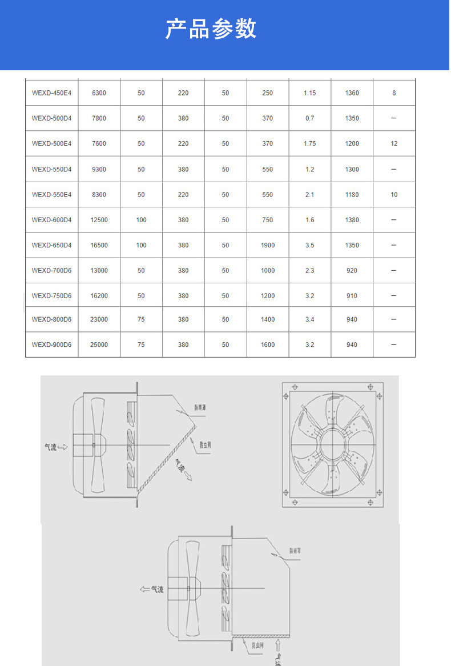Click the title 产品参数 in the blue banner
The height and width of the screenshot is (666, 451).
[211, 29]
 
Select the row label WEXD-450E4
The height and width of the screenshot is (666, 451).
[51, 93]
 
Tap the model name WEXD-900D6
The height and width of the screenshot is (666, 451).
[51, 345]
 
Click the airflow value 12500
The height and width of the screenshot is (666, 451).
[99, 220]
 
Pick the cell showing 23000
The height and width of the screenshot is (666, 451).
[99, 320]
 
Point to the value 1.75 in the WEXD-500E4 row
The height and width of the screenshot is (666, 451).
[309, 144]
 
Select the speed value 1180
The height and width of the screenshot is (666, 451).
[352, 195]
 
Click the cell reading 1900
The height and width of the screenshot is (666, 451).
[267, 246]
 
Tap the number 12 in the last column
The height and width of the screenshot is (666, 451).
[394, 144]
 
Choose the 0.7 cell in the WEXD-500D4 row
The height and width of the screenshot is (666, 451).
[309, 118]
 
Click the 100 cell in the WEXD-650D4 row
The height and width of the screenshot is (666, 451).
[141, 246]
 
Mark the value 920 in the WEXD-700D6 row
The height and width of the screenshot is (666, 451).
[352, 271]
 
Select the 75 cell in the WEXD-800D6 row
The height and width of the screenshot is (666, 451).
[141, 320]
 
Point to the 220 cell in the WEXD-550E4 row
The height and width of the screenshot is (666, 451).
[183, 195]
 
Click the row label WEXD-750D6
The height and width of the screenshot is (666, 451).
[51, 296]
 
